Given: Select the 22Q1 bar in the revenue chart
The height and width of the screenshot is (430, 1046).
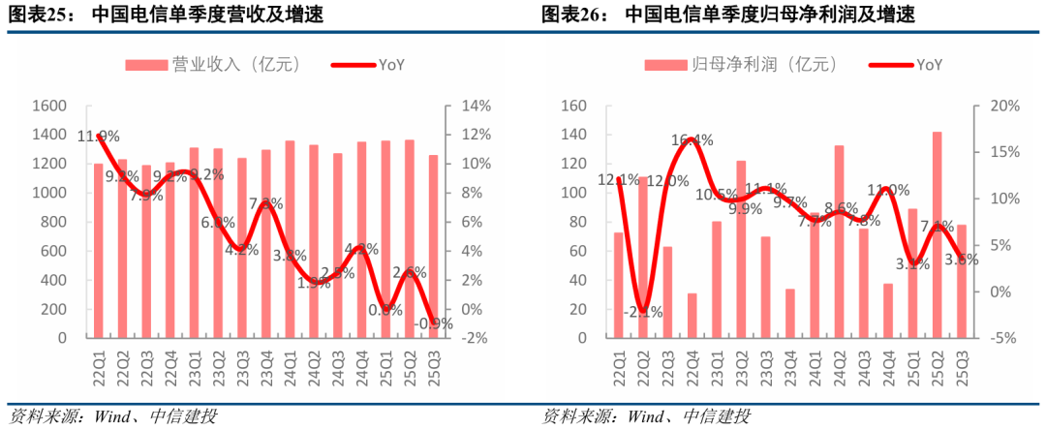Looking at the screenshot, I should [98, 251].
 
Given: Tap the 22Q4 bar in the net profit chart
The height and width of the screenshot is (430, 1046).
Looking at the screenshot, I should [692, 316].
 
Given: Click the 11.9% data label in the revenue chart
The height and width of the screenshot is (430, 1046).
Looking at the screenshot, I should [99, 137].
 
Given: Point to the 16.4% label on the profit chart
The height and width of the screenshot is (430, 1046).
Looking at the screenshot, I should [692, 140].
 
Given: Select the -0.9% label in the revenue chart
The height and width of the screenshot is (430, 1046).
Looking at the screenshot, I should [435, 324].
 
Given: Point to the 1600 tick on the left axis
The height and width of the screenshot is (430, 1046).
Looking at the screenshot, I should [47, 106].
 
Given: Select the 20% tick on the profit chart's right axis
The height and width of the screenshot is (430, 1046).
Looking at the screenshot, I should [999, 106].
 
